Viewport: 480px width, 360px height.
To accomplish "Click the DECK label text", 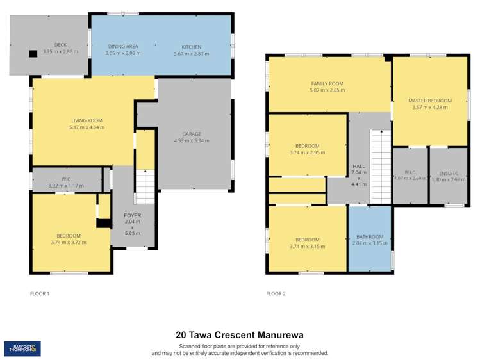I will (60, 45).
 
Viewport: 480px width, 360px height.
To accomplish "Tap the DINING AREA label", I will (123, 47).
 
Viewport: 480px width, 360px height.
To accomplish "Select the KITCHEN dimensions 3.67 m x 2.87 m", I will (191, 53).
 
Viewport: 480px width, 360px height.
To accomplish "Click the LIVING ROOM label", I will (87, 120).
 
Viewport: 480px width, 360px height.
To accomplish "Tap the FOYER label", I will (132, 216).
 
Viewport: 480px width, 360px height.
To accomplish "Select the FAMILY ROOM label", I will (327, 84).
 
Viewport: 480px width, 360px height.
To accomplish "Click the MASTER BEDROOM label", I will (430, 101).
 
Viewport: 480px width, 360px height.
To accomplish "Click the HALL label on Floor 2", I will (358, 167).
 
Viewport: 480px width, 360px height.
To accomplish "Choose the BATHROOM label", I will (370, 236).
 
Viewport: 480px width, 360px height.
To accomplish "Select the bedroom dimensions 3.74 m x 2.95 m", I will (308, 152).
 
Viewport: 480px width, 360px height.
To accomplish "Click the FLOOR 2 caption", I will (276, 294).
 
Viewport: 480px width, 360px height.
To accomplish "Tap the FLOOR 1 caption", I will (40, 294).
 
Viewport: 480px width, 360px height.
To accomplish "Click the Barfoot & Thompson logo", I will (23, 348).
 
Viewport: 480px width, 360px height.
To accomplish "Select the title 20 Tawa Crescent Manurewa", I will (240, 334).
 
